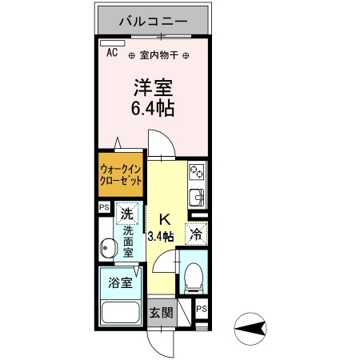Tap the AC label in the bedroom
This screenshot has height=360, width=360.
(x=111, y=52)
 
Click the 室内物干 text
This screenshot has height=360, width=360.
(x=158, y=55)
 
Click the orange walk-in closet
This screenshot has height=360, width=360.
(x=121, y=175)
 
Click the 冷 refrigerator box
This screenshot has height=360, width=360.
(x=195, y=234)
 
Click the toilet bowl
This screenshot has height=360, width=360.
(x=192, y=277)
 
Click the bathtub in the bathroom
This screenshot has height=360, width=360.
(x=120, y=313)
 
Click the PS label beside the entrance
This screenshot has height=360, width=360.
(x=201, y=309)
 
